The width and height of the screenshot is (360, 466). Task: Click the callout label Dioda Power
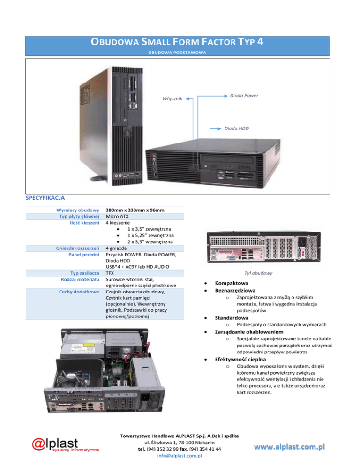pyautogui.click(x=244, y=96)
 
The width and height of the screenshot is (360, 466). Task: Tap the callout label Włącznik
pyautogui.click(x=172, y=99)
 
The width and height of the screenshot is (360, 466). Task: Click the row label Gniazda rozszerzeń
pyautogui.click(x=77, y=248)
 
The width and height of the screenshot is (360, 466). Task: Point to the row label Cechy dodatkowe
pyautogui.click(x=79, y=292)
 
